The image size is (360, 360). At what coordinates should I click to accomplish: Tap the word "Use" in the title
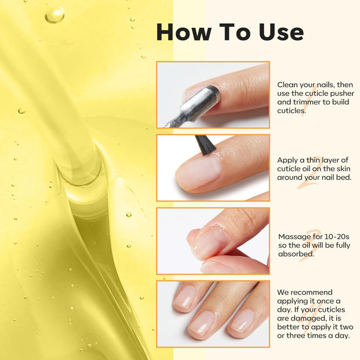pos(278,32)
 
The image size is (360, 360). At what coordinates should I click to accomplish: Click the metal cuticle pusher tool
pos(189,110)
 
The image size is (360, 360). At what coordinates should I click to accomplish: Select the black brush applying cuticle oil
pos(204,144)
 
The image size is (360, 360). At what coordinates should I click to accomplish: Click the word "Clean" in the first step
pos(288,85)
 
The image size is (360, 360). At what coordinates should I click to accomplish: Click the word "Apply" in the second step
pos(289,160)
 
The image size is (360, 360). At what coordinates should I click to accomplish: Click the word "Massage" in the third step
pos(296,236)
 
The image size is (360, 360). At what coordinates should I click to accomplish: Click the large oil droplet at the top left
pos(55,15)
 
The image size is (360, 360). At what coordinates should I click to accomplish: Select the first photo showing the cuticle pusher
pos(213,95)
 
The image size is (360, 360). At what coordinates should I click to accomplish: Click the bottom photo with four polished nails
pos(213,314)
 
